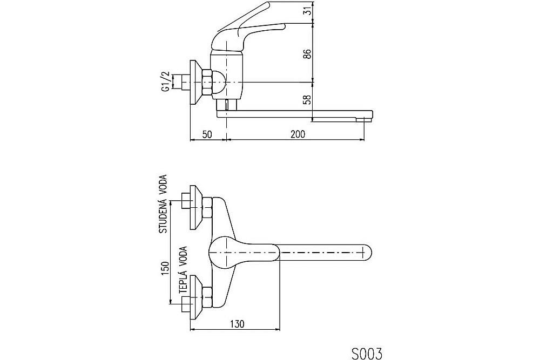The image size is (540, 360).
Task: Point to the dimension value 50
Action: (207, 134)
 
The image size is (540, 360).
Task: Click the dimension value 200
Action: (298, 134)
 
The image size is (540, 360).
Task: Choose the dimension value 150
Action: (165, 269)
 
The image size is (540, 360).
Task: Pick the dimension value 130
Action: (237, 324)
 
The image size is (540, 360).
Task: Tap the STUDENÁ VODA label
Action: (163, 204)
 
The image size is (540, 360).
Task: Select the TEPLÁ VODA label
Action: (183, 270)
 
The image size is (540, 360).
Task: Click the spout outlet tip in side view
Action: (364, 119)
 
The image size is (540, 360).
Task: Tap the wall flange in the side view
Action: (197, 83)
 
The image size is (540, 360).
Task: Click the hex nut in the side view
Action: (207, 83)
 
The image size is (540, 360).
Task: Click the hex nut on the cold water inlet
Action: (207, 208)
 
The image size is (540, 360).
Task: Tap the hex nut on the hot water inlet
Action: (207, 297)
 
